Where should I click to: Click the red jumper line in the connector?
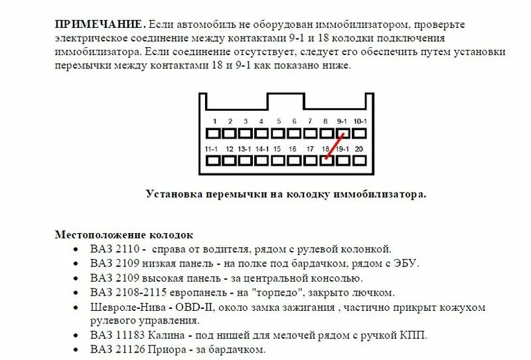[x=335, y=145]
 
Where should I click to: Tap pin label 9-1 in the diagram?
[x=342, y=121]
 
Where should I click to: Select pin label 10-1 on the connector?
[x=359, y=121]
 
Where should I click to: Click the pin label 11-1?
[x=212, y=149]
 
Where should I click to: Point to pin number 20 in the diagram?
[x=359, y=149]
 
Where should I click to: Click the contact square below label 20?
[x=359, y=160]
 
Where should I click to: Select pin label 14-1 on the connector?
[x=262, y=149]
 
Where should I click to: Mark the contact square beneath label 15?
[x=278, y=160]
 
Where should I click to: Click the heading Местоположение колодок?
[x=123, y=235]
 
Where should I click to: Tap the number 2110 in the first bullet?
[x=126, y=249]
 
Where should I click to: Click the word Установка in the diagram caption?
[x=171, y=195]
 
